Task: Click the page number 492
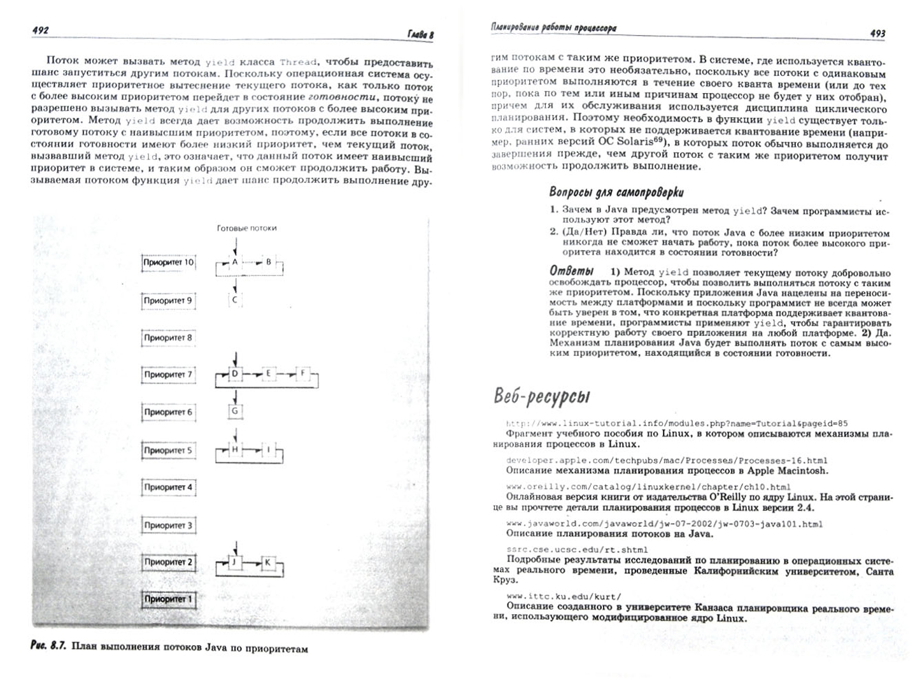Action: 39,30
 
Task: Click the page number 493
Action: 877,33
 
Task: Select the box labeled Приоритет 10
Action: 168,262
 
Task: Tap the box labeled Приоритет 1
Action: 168,599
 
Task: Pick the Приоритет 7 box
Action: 168,375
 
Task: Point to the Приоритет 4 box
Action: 168,487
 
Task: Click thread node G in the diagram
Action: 235,411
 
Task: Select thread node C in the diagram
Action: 235,299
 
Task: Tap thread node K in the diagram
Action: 267,563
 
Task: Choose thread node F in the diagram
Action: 304,373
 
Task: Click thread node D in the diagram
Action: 235,373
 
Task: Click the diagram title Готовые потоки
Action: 246,228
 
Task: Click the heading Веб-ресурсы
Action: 541,396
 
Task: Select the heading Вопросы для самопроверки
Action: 616,192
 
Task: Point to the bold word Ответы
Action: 572,271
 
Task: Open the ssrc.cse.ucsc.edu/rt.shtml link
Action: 577,549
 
